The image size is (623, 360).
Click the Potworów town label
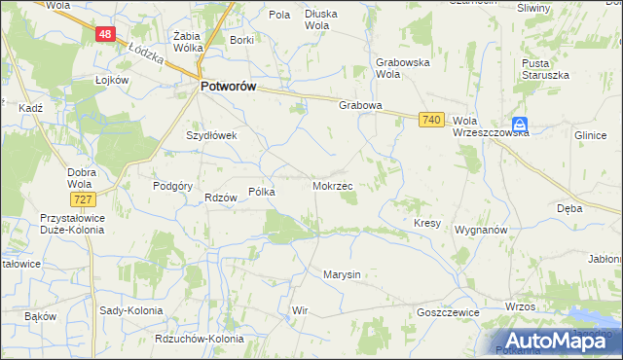[228, 87]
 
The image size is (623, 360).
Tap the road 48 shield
[106, 34]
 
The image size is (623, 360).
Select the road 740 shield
[433, 119]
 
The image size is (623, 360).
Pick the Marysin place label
[342, 274]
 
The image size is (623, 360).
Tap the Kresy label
[427, 223]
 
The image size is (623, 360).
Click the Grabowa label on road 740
[359, 106]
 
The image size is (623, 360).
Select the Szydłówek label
[212, 136]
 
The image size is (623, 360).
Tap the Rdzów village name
[221, 198]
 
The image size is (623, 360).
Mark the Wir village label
[300, 310]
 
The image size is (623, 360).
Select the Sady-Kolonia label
[131, 310]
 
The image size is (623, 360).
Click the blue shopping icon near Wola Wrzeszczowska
[522, 124]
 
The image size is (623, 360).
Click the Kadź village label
[30, 109]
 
